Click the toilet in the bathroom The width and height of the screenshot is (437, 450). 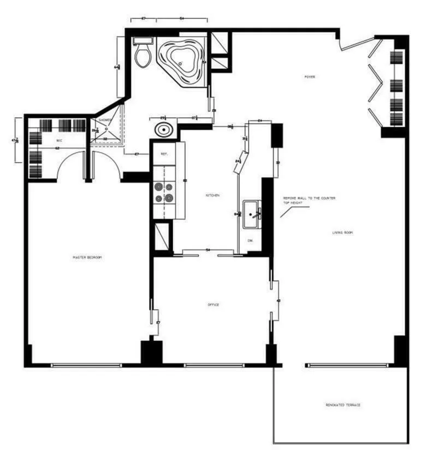[142, 55]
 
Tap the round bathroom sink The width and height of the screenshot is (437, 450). [163, 131]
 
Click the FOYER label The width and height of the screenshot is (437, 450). [310, 77]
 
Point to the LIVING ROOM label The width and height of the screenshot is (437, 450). [342, 233]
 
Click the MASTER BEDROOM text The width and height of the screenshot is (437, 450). [87, 257]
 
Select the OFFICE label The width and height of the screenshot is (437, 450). [213, 305]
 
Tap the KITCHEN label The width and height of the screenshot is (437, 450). [212, 195]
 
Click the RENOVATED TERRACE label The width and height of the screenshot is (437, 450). [342, 405]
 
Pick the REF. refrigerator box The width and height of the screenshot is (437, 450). [163, 154]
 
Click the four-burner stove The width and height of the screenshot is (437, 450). [163, 192]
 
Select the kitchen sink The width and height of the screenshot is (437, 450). [252, 212]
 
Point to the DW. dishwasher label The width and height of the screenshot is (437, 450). [250, 240]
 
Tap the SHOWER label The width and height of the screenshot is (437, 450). [105, 120]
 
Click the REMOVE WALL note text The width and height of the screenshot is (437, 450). [309, 201]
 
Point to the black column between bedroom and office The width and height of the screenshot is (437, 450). [151, 353]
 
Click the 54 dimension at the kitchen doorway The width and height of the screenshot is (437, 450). [208, 250]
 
